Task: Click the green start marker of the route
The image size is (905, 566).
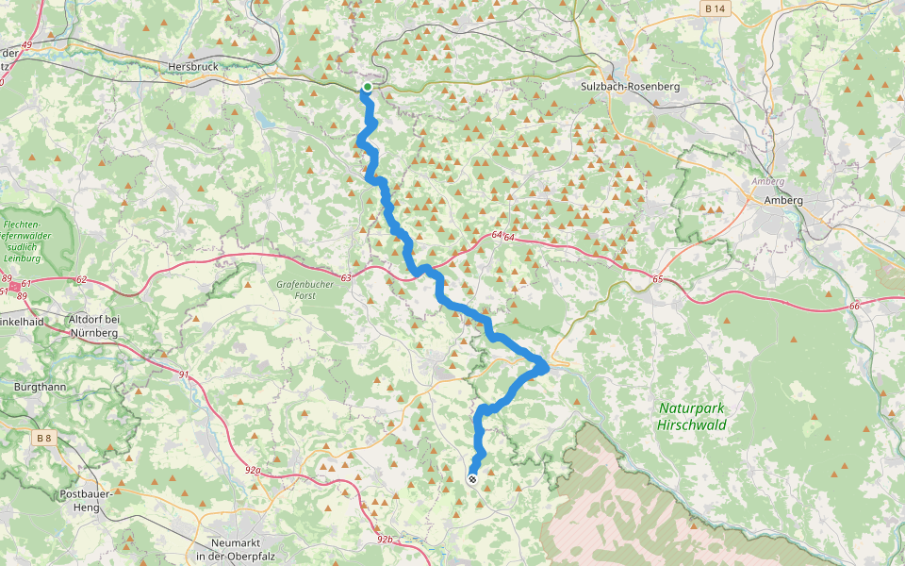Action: pyautogui.click(x=367, y=88)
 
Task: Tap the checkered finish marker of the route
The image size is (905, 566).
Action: pyautogui.click(x=472, y=479)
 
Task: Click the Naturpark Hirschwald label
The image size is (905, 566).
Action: pyautogui.click(x=691, y=417)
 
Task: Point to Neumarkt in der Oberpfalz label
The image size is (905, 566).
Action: pyautogui.click(x=239, y=550)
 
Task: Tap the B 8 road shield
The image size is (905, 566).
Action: pyautogui.click(x=43, y=438)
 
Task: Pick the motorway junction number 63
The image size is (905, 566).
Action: pyautogui.click(x=346, y=277)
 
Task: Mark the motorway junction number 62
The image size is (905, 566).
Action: pyautogui.click(x=81, y=280)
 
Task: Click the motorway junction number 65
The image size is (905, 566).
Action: pyautogui.click(x=657, y=280)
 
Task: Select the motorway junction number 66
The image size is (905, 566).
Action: pyautogui.click(x=854, y=306)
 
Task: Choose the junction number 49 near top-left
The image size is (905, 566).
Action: pyautogui.click(x=25, y=44)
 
